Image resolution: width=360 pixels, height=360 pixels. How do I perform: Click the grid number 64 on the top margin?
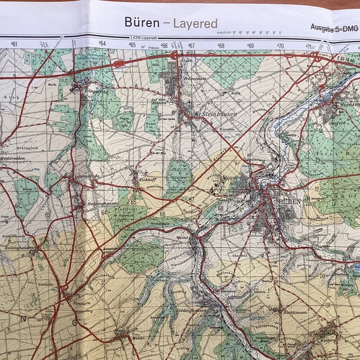click(102, 43)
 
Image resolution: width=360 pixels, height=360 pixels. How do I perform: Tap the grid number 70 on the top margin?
click(280, 46)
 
